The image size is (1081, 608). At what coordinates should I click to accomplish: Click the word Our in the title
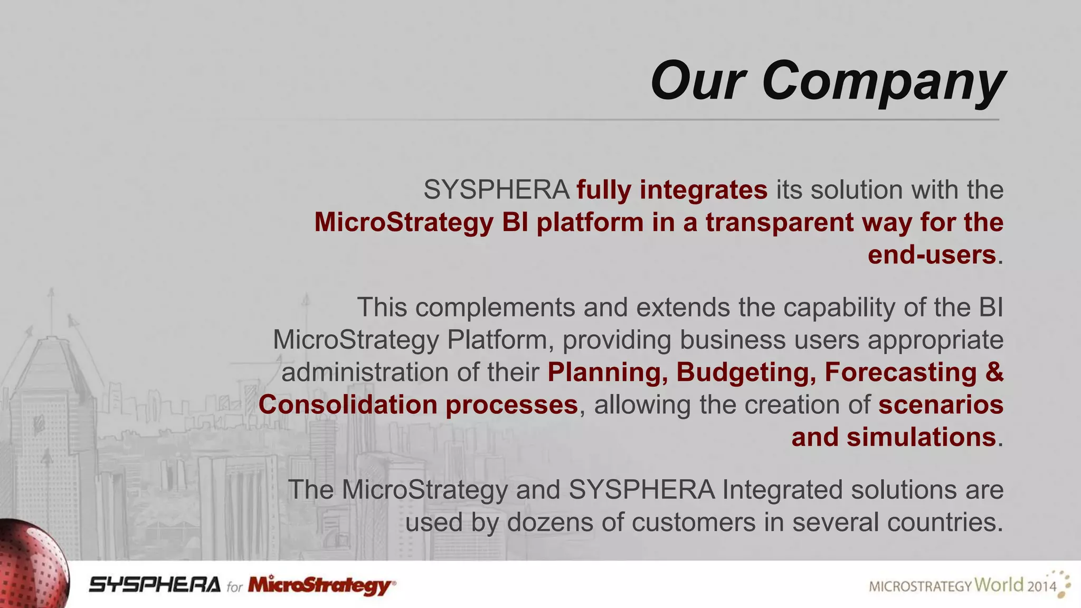pos(698,82)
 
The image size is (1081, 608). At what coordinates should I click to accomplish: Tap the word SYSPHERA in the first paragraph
pos(496,190)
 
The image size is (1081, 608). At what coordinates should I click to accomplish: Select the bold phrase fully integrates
pos(671,190)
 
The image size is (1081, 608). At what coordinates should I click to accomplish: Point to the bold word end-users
pos(932,255)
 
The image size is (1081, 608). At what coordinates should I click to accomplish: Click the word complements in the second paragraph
pos(495,308)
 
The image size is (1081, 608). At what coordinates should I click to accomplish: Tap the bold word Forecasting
pos(900,372)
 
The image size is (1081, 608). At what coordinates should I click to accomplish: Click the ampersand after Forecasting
pos(994,372)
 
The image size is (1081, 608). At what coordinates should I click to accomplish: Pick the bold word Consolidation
pos(348,405)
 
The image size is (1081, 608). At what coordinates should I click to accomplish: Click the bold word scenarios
pos(941,405)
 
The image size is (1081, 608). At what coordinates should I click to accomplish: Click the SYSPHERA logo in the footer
pos(155,585)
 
